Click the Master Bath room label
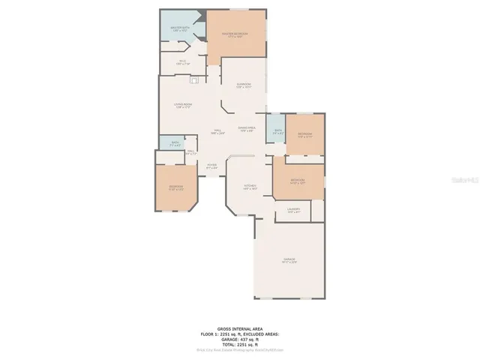click(x=178, y=28)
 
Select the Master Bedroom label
click(x=235, y=35)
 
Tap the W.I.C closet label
click(x=181, y=63)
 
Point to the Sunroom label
click(x=244, y=85)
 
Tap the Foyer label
click(x=212, y=166)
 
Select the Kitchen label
click(x=250, y=187)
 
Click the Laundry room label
click(x=294, y=211)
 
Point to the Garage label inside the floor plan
click(x=289, y=260)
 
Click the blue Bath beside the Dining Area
click(x=277, y=132)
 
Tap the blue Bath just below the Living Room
click(x=175, y=143)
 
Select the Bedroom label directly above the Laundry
click(x=298, y=181)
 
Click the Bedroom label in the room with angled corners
click(x=175, y=187)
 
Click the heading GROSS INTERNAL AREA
click(x=239, y=328)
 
